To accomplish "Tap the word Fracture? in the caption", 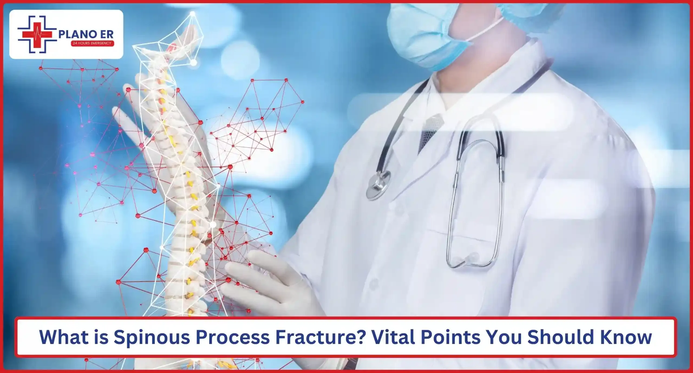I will coord(320,337).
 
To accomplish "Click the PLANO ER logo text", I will coord(86,35).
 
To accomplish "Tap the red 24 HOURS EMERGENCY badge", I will coord(92,43).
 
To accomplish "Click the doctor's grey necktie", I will coord(430,130).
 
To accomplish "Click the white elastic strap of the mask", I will coord(487,30).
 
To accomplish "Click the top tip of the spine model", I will coord(192,13).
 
